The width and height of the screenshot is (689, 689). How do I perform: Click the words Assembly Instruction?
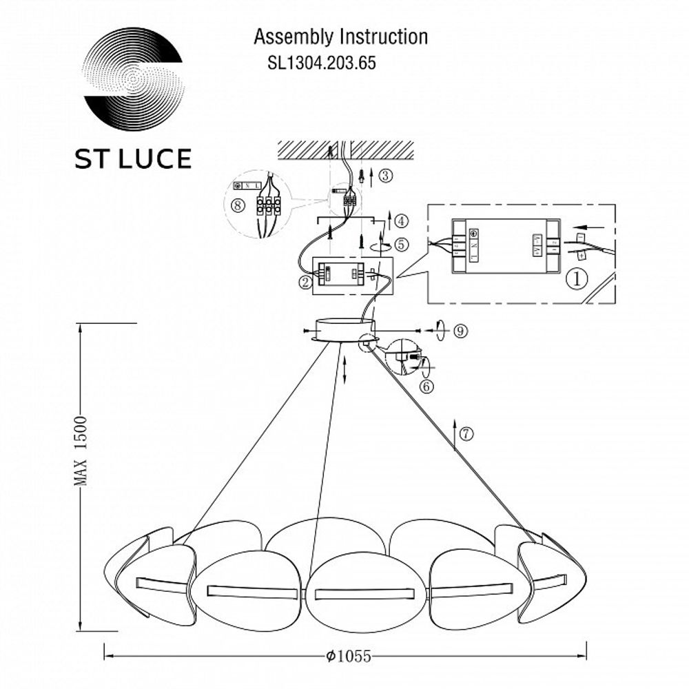pos(341,37)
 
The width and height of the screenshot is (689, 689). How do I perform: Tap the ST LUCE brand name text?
pos(133,158)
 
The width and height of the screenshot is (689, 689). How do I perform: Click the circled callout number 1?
pos(576,278)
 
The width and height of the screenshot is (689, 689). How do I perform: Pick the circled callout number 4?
pos(402,221)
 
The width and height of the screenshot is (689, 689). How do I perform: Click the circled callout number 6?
pos(426,387)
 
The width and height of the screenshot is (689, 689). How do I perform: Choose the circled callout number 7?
pos(467,433)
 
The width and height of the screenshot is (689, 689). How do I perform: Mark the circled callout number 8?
pos(237,205)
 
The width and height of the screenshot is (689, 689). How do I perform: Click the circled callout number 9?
pos(461,331)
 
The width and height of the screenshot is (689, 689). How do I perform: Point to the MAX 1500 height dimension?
pos(83,451)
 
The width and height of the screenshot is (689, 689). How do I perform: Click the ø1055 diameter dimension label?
pos(347,656)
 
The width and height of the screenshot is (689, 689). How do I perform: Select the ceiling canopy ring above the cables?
pos(341,329)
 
